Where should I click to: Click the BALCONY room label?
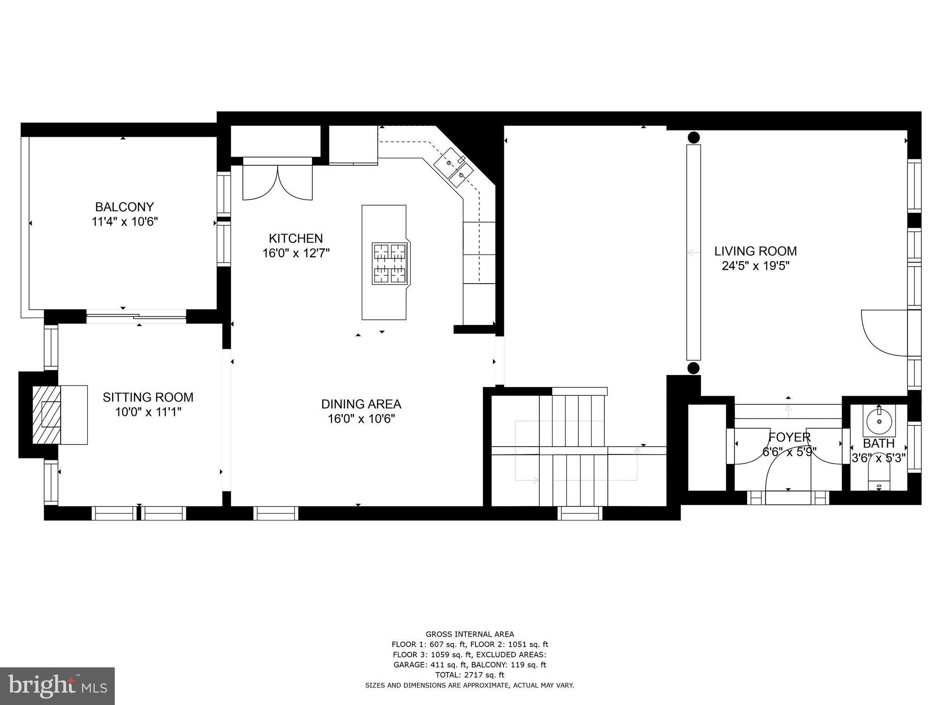[124, 207]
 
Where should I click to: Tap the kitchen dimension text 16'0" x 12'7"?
[296, 253]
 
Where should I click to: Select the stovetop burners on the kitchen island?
[390, 263]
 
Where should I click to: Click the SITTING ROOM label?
[148, 397]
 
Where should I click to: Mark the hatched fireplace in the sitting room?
[46, 415]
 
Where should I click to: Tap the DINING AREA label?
[361, 404]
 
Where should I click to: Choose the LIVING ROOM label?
[755, 251]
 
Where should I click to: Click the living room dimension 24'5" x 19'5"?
[755, 266]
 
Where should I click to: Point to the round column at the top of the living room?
[694, 137]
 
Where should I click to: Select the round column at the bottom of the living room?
[694, 368]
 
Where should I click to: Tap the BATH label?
[878, 443]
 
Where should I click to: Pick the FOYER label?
[789, 437]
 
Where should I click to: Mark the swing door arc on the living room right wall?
[884, 333]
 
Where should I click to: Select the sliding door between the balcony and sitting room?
[136, 316]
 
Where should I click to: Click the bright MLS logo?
[57, 686]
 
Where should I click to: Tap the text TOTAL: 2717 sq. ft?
[470, 675]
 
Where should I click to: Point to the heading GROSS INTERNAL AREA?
[470, 634]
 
